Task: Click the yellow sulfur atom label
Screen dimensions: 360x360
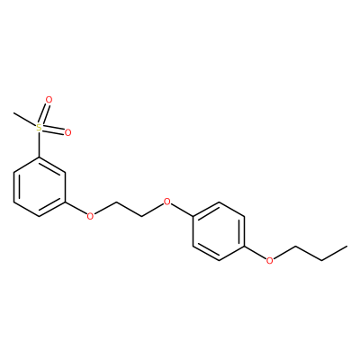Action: (39, 128)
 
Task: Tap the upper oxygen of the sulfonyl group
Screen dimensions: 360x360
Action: (49, 100)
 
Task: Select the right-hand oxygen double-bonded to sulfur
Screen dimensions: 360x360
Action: (67, 132)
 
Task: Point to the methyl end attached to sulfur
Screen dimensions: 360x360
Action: (13, 113)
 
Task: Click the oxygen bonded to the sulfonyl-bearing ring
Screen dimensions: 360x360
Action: (90, 215)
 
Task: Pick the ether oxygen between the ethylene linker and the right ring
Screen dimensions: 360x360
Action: (167, 201)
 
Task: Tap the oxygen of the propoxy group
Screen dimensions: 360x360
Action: (270, 260)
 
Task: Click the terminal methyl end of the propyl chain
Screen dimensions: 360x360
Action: (347, 247)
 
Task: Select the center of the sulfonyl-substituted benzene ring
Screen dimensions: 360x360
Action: (39, 186)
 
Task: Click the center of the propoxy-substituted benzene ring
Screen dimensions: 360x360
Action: (219, 231)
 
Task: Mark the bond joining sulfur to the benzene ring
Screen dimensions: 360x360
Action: (39, 145)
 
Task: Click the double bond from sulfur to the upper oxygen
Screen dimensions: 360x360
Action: (44, 114)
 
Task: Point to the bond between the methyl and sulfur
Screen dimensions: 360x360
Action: (25, 121)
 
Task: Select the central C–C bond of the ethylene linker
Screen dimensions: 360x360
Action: (129, 209)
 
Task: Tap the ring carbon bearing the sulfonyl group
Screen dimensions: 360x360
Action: (39, 157)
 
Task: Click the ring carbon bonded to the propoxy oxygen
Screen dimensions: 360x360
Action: (245, 246)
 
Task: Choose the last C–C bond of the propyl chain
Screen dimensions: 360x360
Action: (334, 254)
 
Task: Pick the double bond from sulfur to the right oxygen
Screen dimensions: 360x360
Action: (53, 130)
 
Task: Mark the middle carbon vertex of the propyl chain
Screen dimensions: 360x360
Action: (321, 261)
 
